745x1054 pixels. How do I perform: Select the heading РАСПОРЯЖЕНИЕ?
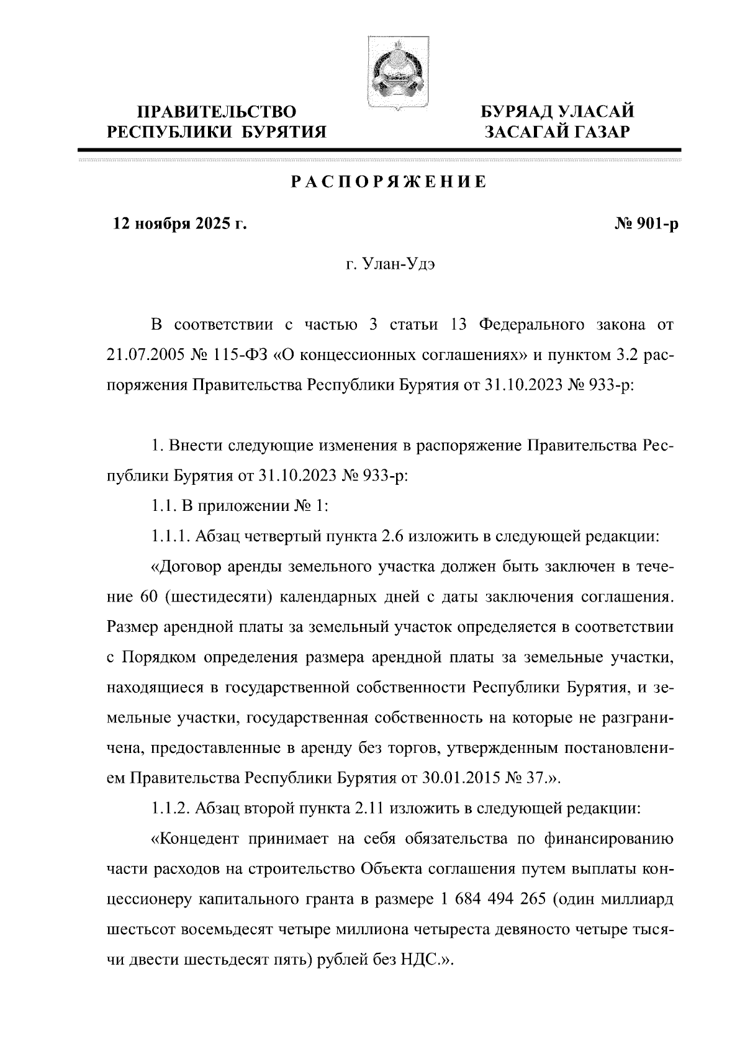click(x=389, y=182)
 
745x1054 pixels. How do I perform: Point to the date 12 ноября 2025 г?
click(x=179, y=224)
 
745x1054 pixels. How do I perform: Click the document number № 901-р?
click(x=646, y=224)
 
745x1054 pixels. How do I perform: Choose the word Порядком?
click(x=160, y=657)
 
